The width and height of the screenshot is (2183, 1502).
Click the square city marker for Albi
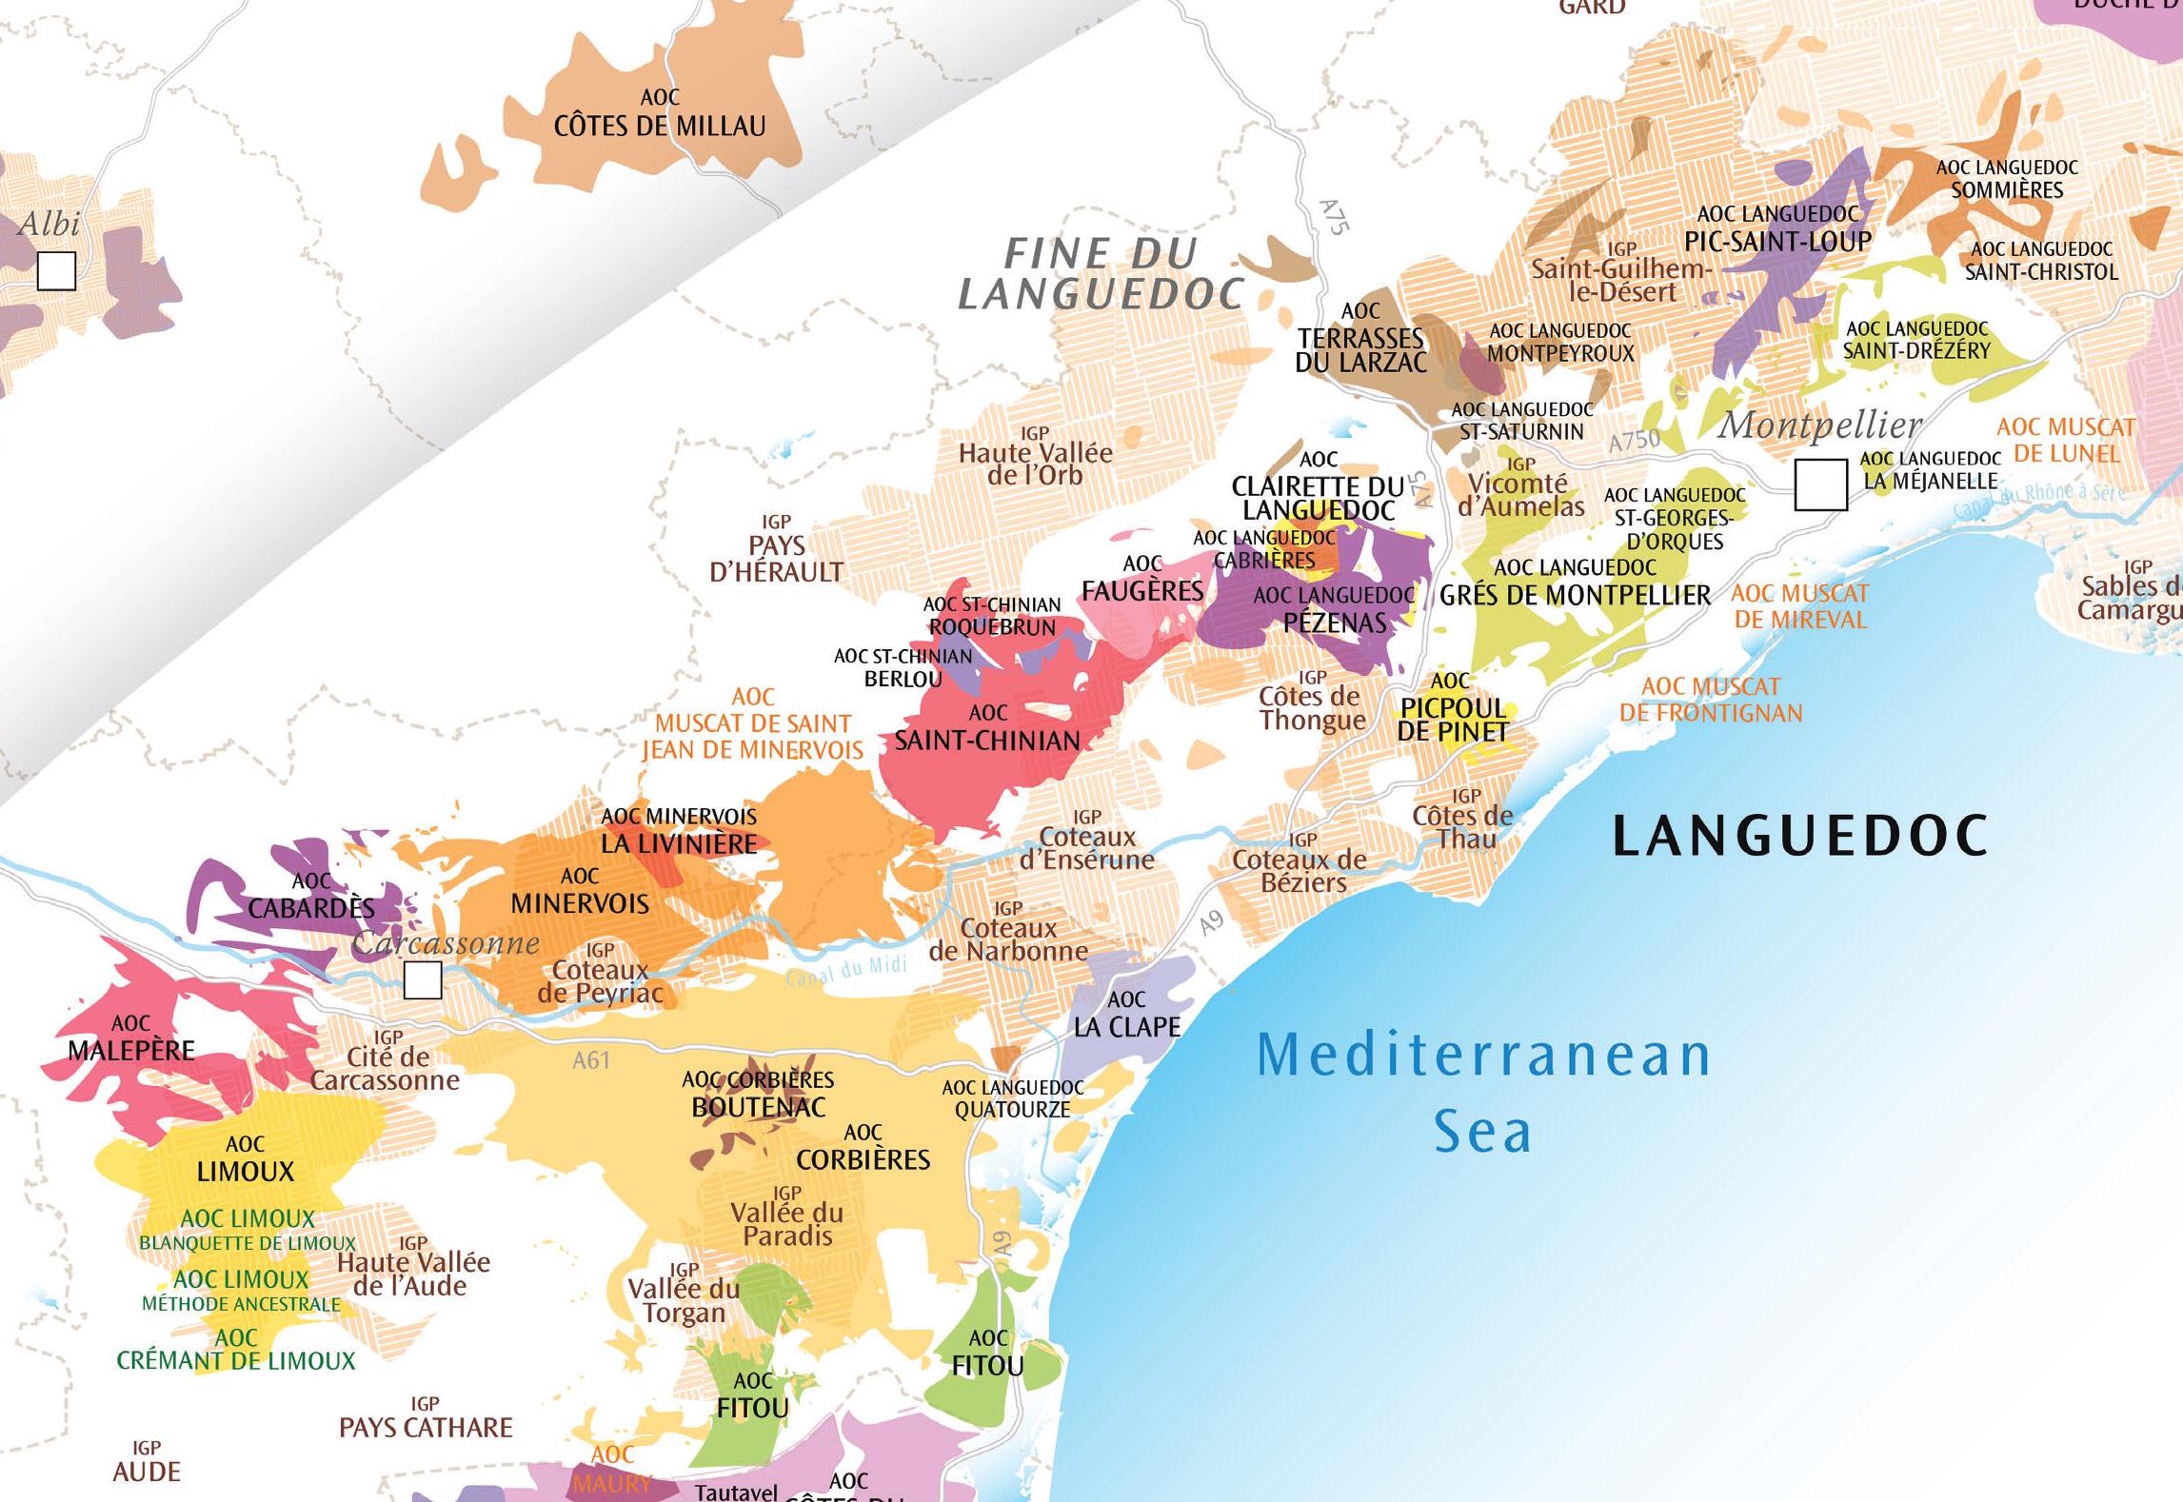56,270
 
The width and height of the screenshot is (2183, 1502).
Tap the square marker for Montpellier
1819,484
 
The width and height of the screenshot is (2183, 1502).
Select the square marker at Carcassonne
422,979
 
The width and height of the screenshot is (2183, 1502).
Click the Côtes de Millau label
660,125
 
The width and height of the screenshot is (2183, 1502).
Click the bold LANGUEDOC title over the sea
1798,836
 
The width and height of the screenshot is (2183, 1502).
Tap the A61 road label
590,1060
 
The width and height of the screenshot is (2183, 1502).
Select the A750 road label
1634,441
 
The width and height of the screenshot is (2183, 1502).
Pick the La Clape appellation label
1126,1026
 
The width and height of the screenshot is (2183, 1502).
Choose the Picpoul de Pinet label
1452,719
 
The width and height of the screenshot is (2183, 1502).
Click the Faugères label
1142,590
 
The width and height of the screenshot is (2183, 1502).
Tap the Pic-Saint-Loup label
1777,241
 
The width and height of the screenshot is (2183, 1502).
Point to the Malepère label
131,1050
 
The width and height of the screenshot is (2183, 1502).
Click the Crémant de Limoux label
235,1359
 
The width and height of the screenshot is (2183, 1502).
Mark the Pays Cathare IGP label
426,1427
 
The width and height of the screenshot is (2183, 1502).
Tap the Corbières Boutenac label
758,1106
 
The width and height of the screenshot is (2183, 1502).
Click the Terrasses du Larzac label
1360,349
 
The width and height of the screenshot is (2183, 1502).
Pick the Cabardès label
311,907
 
